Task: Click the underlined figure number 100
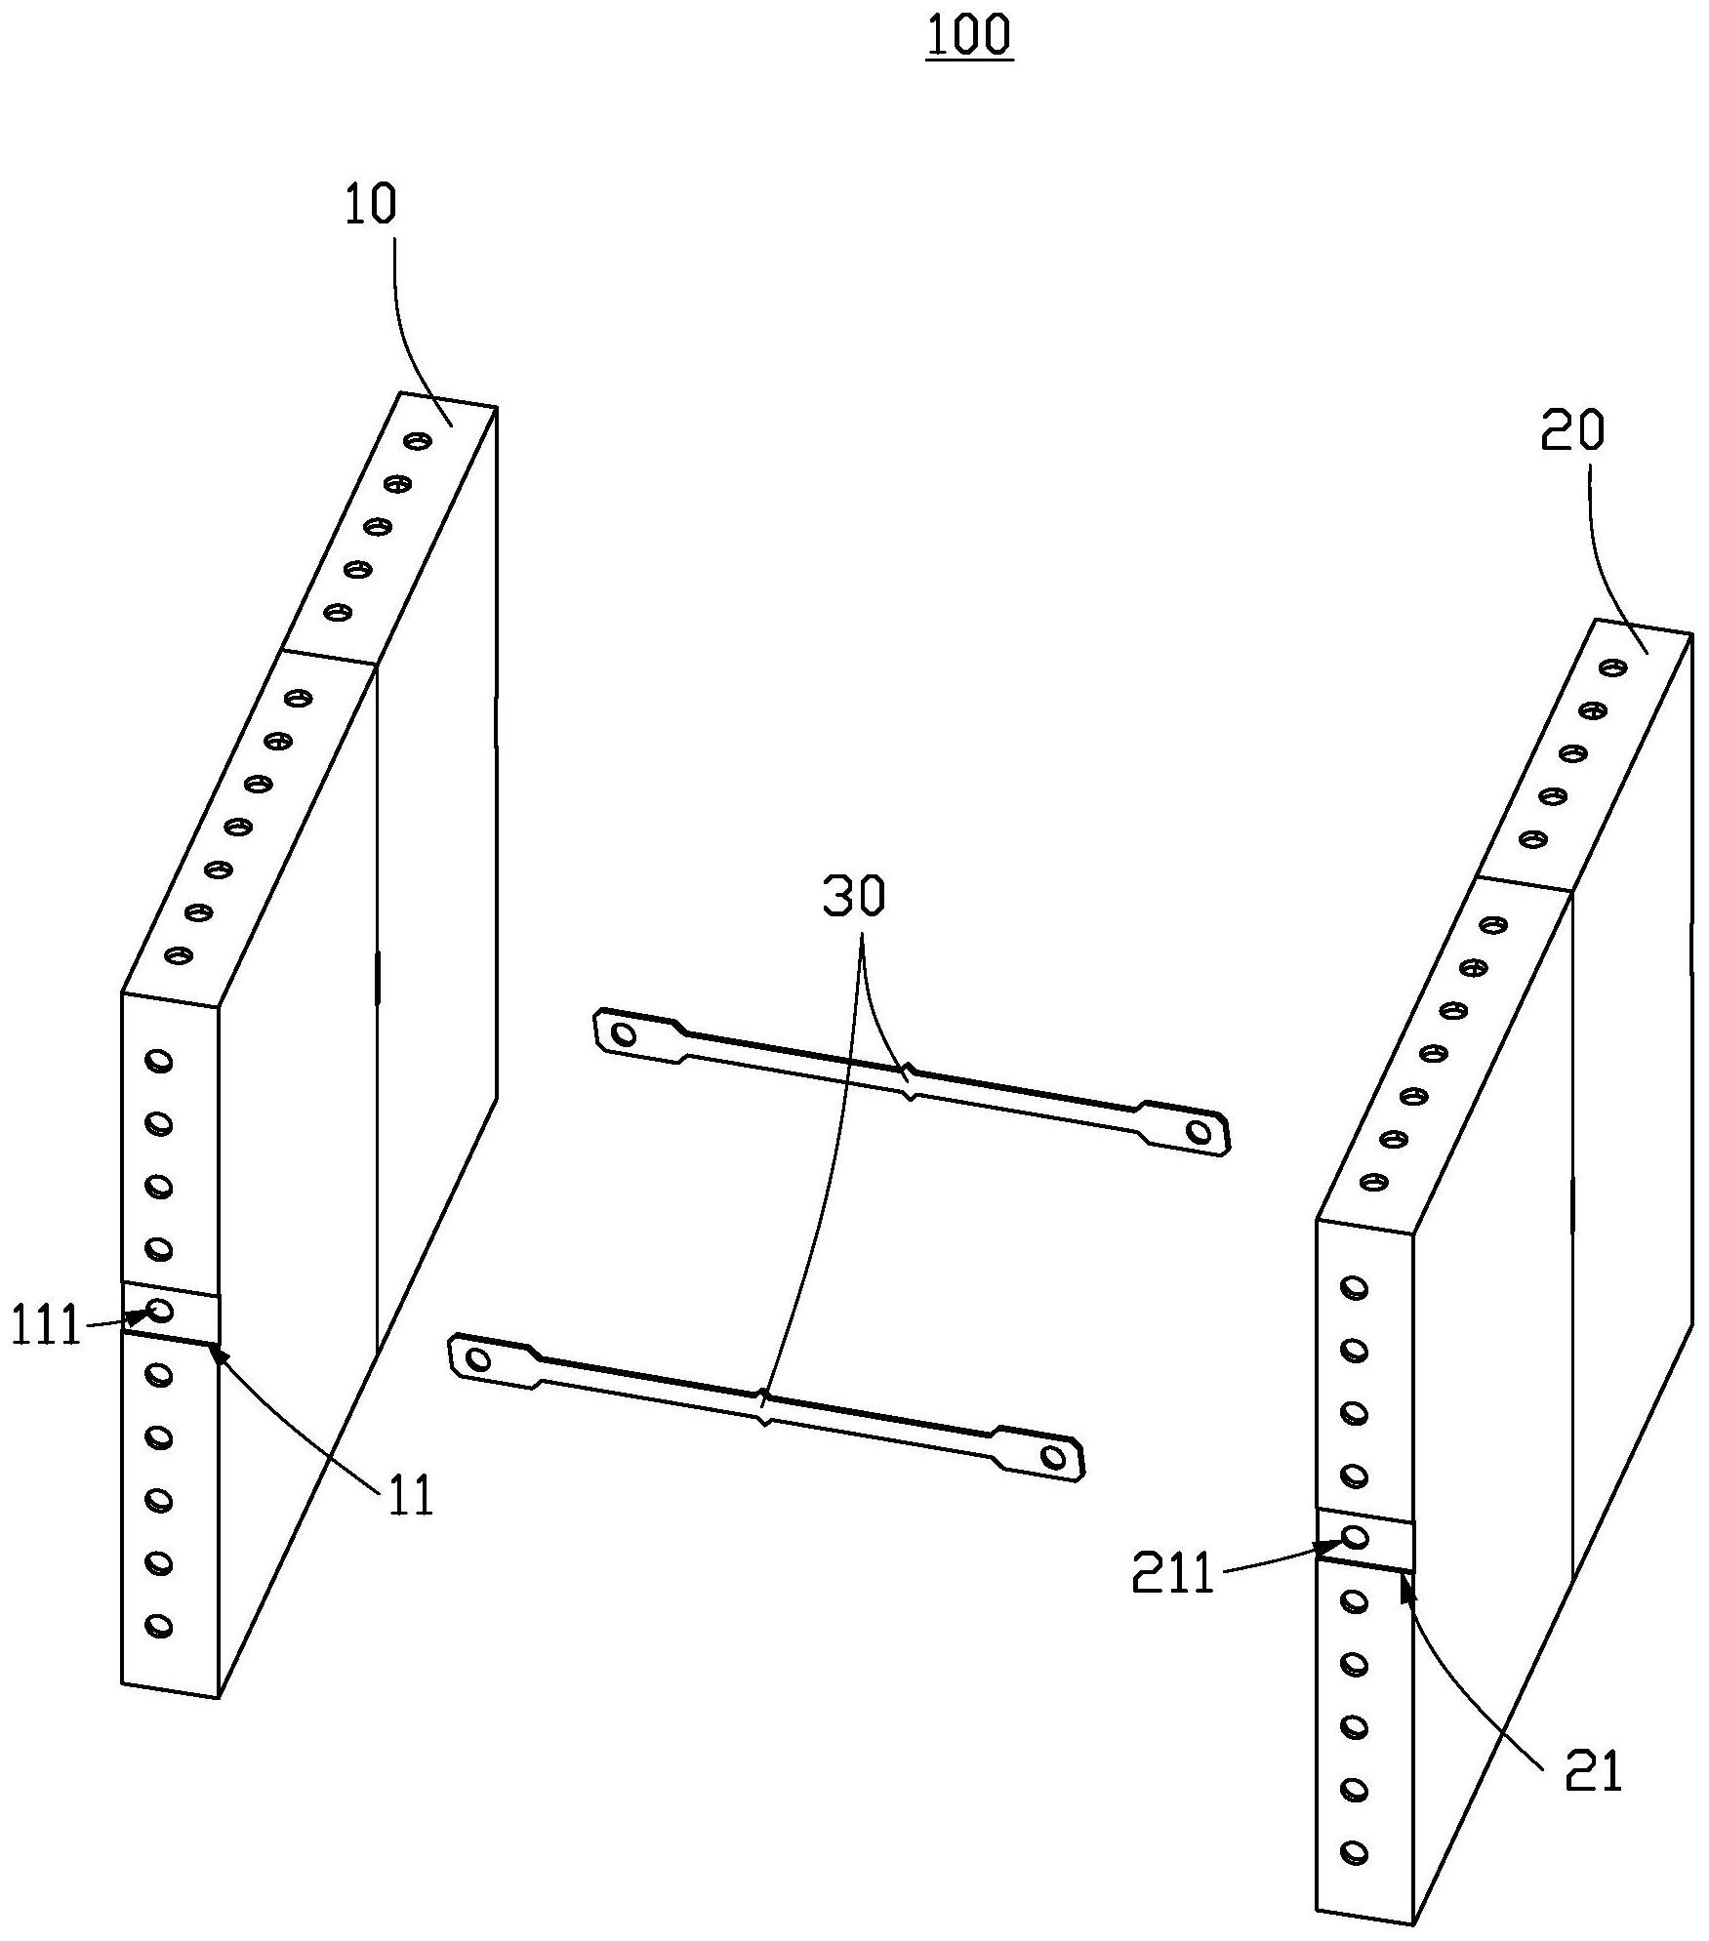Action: click(x=968, y=36)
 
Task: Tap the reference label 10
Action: click(x=370, y=206)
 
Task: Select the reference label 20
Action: click(x=1572, y=431)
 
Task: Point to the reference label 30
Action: click(x=854, y=897)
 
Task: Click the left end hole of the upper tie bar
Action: click(x=624, y=1033)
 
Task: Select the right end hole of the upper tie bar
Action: click(x=1199, y=1132)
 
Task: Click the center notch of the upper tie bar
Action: click(x=910, y=1081)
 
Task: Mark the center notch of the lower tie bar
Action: click(x=765, y=1406)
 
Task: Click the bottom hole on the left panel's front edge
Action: click(x=158, y=1625)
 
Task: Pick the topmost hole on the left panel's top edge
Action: click(x=420, y=441)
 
